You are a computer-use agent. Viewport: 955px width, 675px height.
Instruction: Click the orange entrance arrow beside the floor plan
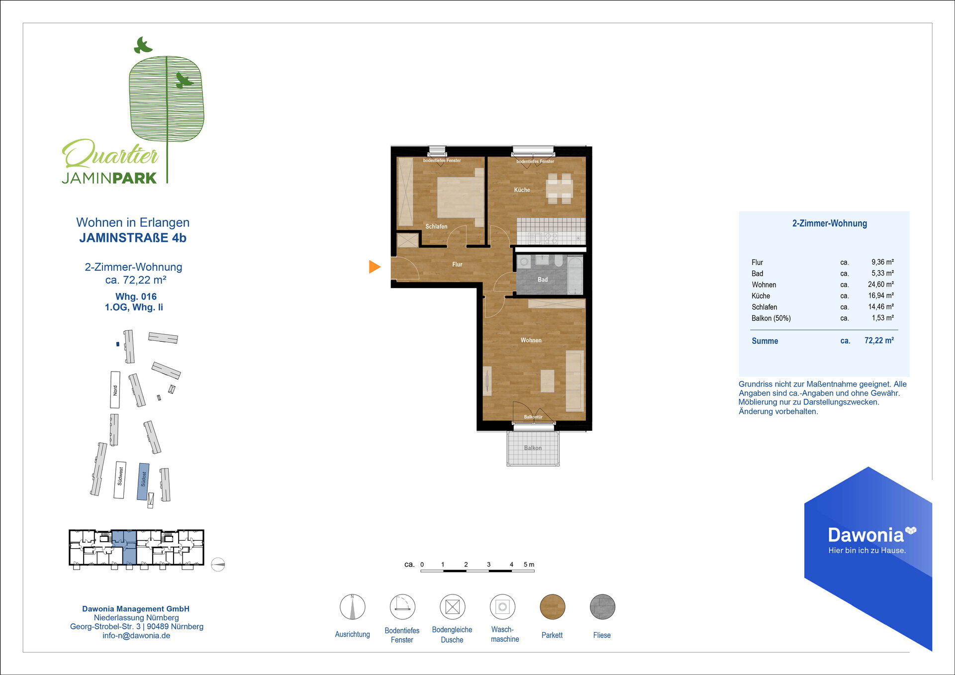click(374, 267)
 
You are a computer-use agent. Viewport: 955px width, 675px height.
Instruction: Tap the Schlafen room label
click(436, 226)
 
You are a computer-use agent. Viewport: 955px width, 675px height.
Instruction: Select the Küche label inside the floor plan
click(522, 190)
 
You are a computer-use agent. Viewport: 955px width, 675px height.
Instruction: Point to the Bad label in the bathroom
click(543, 280)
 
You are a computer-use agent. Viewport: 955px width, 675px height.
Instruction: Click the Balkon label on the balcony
click(533, 448)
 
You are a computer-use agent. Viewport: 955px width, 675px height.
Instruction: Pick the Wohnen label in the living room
click(531, 340)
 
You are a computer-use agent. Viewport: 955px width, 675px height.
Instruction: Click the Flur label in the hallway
click(457, 265)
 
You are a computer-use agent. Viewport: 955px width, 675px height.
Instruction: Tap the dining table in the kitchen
click(560, 189)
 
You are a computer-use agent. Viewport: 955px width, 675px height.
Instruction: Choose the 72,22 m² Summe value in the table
click(879, 341)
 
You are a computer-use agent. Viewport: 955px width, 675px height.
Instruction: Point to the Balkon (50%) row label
click(771, 318)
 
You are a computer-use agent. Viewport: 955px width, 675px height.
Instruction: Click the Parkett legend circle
click(552, 607)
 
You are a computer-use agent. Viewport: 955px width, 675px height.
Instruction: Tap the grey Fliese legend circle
click(602, 607)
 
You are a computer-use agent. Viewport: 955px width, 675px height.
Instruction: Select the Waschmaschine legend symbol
click(502, 607)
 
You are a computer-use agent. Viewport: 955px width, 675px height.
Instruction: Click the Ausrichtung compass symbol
click(352, 607)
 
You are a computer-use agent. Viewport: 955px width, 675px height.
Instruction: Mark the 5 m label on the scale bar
click(529, 565)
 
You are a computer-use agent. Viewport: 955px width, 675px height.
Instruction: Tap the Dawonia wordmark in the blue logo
click(866, 535)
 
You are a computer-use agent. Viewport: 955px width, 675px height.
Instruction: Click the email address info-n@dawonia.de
click(136, 636)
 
